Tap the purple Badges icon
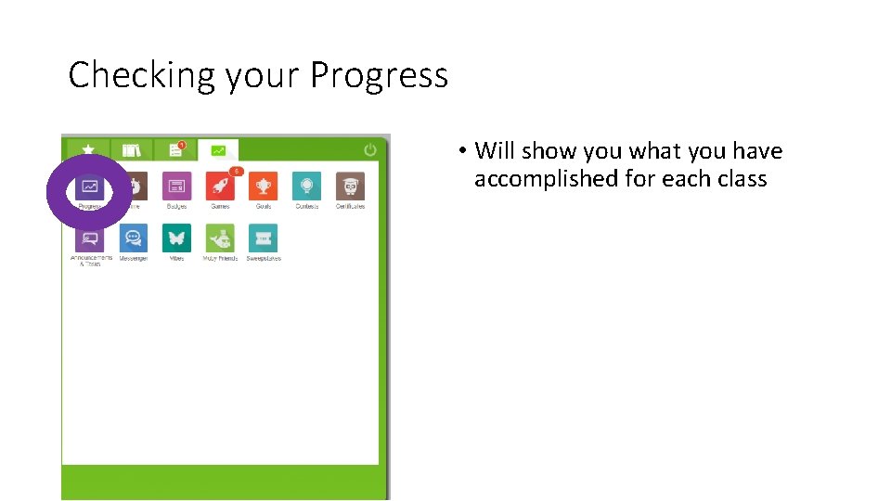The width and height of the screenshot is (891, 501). [x=176, y=186]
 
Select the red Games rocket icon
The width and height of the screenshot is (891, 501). [x=220, y=186]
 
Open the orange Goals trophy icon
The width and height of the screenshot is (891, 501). [x=264, y=186]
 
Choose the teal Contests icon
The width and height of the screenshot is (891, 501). [x=306, y=186]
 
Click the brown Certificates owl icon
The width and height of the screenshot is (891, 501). [x=350, y=186]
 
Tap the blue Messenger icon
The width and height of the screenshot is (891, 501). [x=133, y=238]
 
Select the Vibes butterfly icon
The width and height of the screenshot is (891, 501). [x=176, y=238]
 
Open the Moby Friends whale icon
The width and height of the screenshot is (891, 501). [x=220, y=238]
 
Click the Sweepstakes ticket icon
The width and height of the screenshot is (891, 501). [x=264, y=238]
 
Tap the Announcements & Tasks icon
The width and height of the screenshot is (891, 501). [x=90, y=238]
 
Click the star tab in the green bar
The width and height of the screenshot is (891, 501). [x=87, y=149]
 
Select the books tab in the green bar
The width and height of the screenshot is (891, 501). [x=131, y=149]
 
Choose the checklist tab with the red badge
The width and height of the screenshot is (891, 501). [x=174, y=149]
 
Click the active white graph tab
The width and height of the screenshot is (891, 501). [x=218, y=149]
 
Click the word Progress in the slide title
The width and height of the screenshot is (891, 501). [x=379, y=75]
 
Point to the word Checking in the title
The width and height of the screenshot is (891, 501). [x=139, y=75]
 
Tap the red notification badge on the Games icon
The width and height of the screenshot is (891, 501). [x=237, y=171]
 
